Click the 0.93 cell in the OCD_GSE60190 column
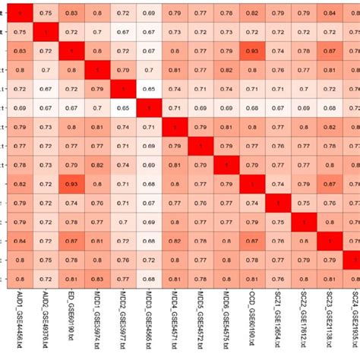pyautogui.click(x=251, y=50)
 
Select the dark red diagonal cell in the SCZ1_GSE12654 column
pyautogui.click(x=277, y=203)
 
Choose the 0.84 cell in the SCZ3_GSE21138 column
pyautogui.click(x=329, y=13)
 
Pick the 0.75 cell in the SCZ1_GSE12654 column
pyautogui.click(x=277, y=222)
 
